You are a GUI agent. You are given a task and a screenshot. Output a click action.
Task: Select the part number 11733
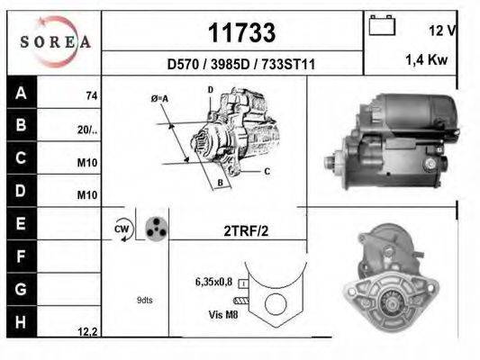pyautogui.click(x=241, y=33)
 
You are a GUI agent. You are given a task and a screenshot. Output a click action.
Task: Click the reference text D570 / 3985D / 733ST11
pyautogui.click(x=241, y=65)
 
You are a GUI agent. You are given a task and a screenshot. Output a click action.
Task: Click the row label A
pyautogui.click(x=21, y=93)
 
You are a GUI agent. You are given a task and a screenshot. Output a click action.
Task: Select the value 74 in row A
pyautogui.click(x=90, y=94)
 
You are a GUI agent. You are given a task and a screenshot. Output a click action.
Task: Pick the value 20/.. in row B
pyautogui.click(x=87, y=129)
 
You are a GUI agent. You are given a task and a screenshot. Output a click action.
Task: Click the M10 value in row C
pyautogui.click(x=89, y=163)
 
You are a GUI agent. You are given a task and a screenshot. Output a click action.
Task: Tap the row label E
pyautogui.click(x=21, y=222)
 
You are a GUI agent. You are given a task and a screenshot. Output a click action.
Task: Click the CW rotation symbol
pyautogui.click(x=122, y=229)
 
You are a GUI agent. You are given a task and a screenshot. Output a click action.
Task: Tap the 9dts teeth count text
pyautogui.click(x=145, y=300)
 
